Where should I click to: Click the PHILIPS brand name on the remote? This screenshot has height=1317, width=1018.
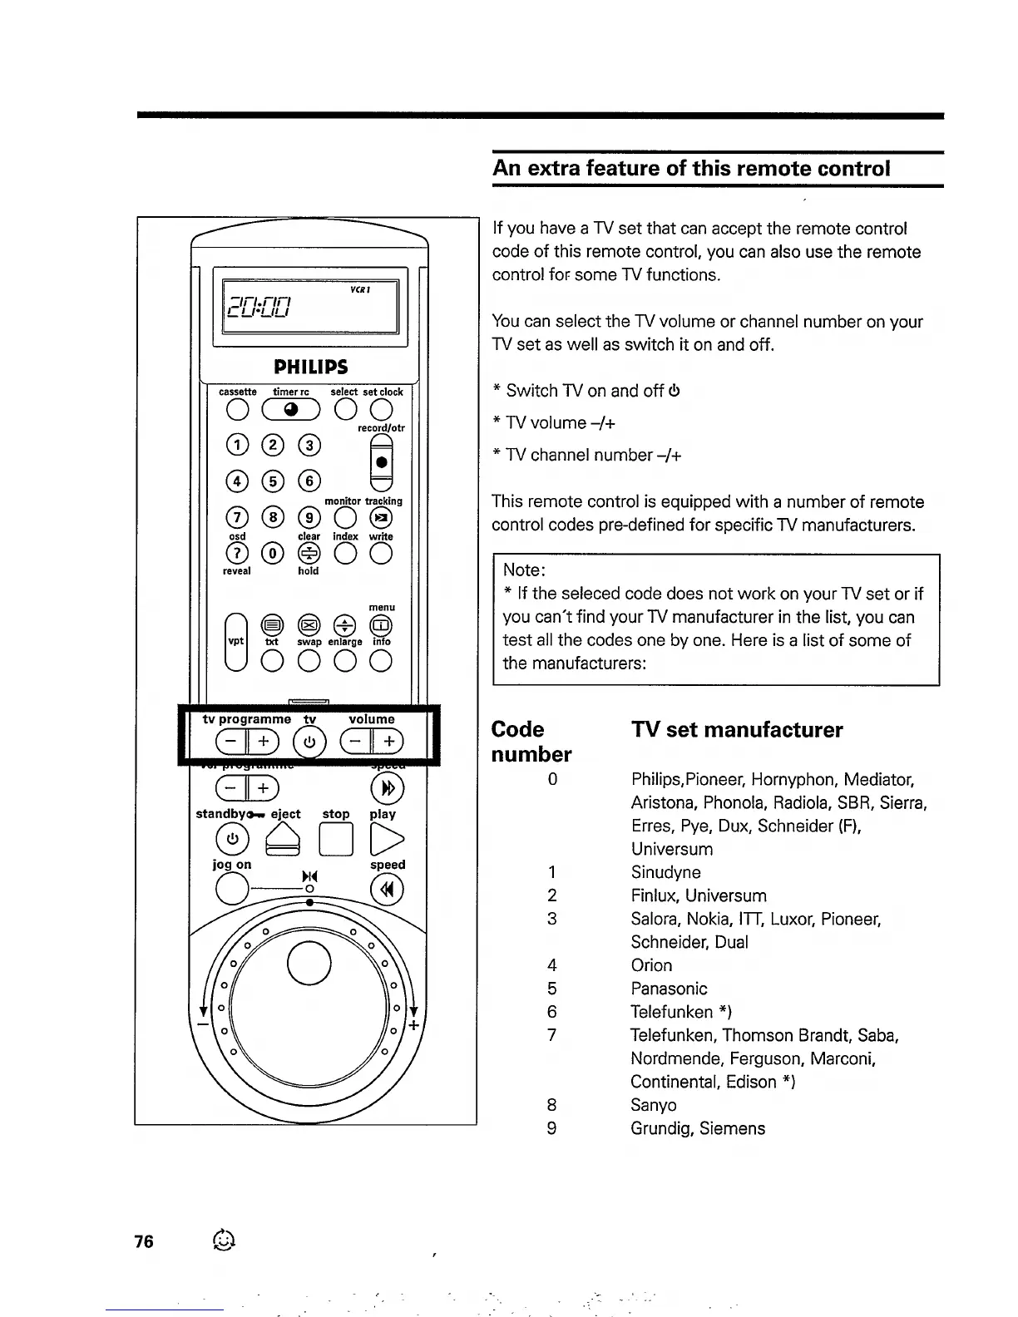311,367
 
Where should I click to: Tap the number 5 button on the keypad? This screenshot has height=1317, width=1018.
272,481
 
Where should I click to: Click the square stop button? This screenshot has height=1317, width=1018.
336,840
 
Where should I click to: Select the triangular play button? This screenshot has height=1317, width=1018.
386,840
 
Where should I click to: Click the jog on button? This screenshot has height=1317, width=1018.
232,890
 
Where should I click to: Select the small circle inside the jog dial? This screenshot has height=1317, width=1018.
309,964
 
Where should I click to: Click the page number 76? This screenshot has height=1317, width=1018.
144,1241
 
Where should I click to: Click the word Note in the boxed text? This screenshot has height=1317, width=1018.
524,570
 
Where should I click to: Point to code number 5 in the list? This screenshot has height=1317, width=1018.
551,989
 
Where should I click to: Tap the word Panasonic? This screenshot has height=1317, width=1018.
669,989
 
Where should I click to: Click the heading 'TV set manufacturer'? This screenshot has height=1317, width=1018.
736,730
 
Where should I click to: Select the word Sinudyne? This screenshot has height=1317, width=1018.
665,872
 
